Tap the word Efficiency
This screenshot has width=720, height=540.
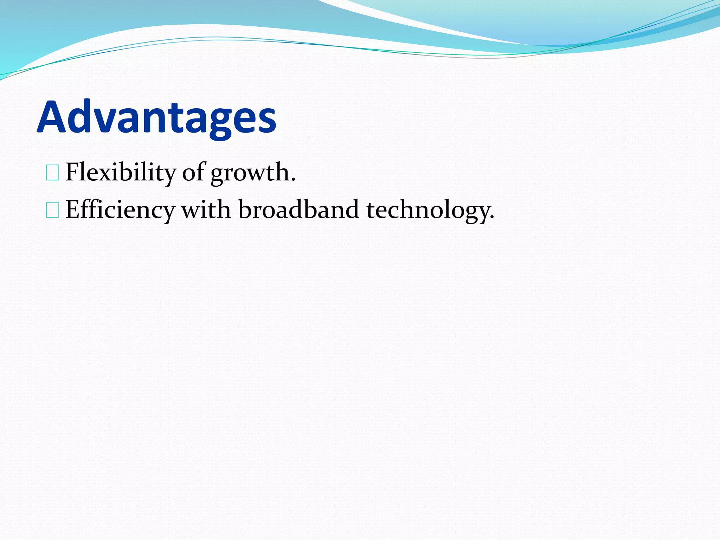click(x=120, y=210)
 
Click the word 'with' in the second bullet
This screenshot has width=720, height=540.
click(x=206, y=210)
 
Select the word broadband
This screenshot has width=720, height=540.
click(x=298, y=210)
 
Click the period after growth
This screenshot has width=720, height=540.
click(x=293, y=180)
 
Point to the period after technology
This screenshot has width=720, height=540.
click(x=492, y=218)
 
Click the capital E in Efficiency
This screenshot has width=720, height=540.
click(x=72, y=210)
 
